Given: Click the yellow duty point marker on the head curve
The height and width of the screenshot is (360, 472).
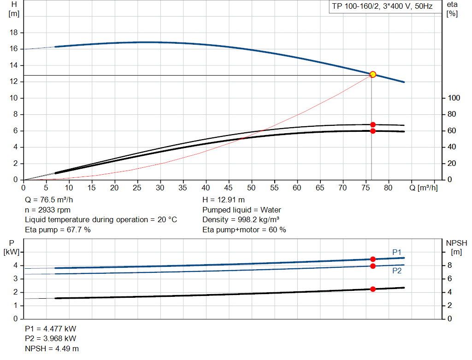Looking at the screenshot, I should [x=373, y=74].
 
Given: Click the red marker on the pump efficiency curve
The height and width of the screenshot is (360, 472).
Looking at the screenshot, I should [x=373, y=124].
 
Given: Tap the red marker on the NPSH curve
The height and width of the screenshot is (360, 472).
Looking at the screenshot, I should [x=373, y=289].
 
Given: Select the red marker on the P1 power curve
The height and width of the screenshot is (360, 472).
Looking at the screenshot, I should [x=373, y=259].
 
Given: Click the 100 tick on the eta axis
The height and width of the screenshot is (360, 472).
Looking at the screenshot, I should [x=454, y=98].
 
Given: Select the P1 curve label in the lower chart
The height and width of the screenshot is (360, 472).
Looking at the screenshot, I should [x=397, y=252].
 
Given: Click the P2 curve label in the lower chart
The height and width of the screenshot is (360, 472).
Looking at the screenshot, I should [x=397, y=271].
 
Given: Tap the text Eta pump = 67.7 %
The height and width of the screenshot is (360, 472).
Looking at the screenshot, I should [x=58, y=230].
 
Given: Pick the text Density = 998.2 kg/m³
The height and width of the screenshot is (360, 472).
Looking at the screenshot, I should [x=241, y=219].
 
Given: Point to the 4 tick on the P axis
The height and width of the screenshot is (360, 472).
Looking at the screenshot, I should [x=15, y=266].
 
